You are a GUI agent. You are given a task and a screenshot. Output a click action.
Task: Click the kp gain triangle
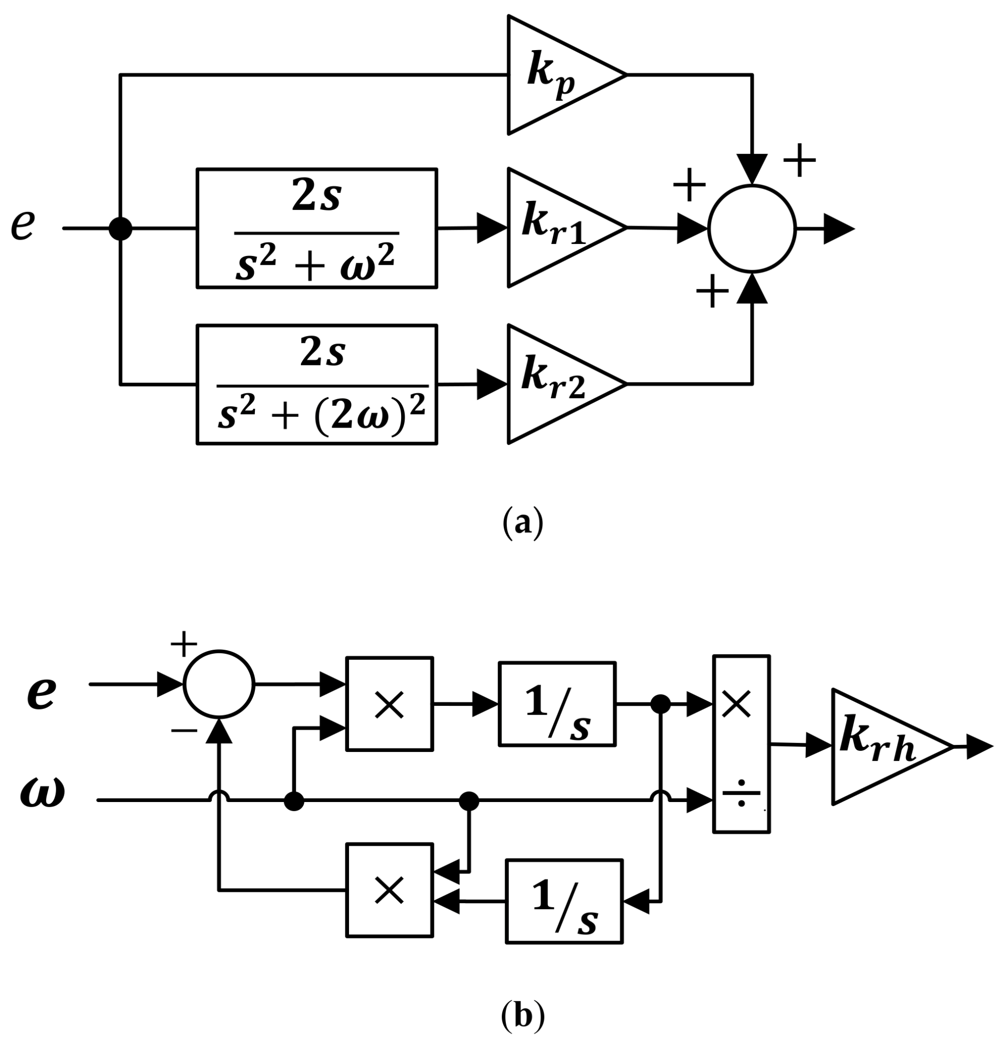pos(556,75)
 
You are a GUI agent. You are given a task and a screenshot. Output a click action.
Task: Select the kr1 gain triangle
pos(556,228)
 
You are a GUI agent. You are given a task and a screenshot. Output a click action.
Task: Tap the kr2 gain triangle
pos(556,384)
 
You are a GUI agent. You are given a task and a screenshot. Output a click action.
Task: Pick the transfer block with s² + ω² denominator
pos(317,228)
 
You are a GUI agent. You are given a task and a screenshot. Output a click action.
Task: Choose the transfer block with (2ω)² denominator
pos(317,384)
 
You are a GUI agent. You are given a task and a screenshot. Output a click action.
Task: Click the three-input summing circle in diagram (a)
pos(752,228)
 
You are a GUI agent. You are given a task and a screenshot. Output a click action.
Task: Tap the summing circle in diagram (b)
pos(219,684)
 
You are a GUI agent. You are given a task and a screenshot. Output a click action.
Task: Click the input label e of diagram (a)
pos(23,225)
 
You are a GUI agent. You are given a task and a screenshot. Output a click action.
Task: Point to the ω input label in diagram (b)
pos(42,793)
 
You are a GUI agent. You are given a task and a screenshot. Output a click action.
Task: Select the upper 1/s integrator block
pos(556,704)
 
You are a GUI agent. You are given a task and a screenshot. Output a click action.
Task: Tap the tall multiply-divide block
pos(741,744)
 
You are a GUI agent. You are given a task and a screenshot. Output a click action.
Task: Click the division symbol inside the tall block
pos(741,793)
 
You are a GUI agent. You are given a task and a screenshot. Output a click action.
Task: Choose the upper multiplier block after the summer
pos(389,704)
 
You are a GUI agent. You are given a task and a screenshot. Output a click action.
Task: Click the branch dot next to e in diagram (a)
pos(120,228)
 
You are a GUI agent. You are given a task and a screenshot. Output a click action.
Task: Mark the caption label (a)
pos(522,524)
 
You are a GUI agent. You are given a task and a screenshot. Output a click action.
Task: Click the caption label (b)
pos(522,1016)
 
